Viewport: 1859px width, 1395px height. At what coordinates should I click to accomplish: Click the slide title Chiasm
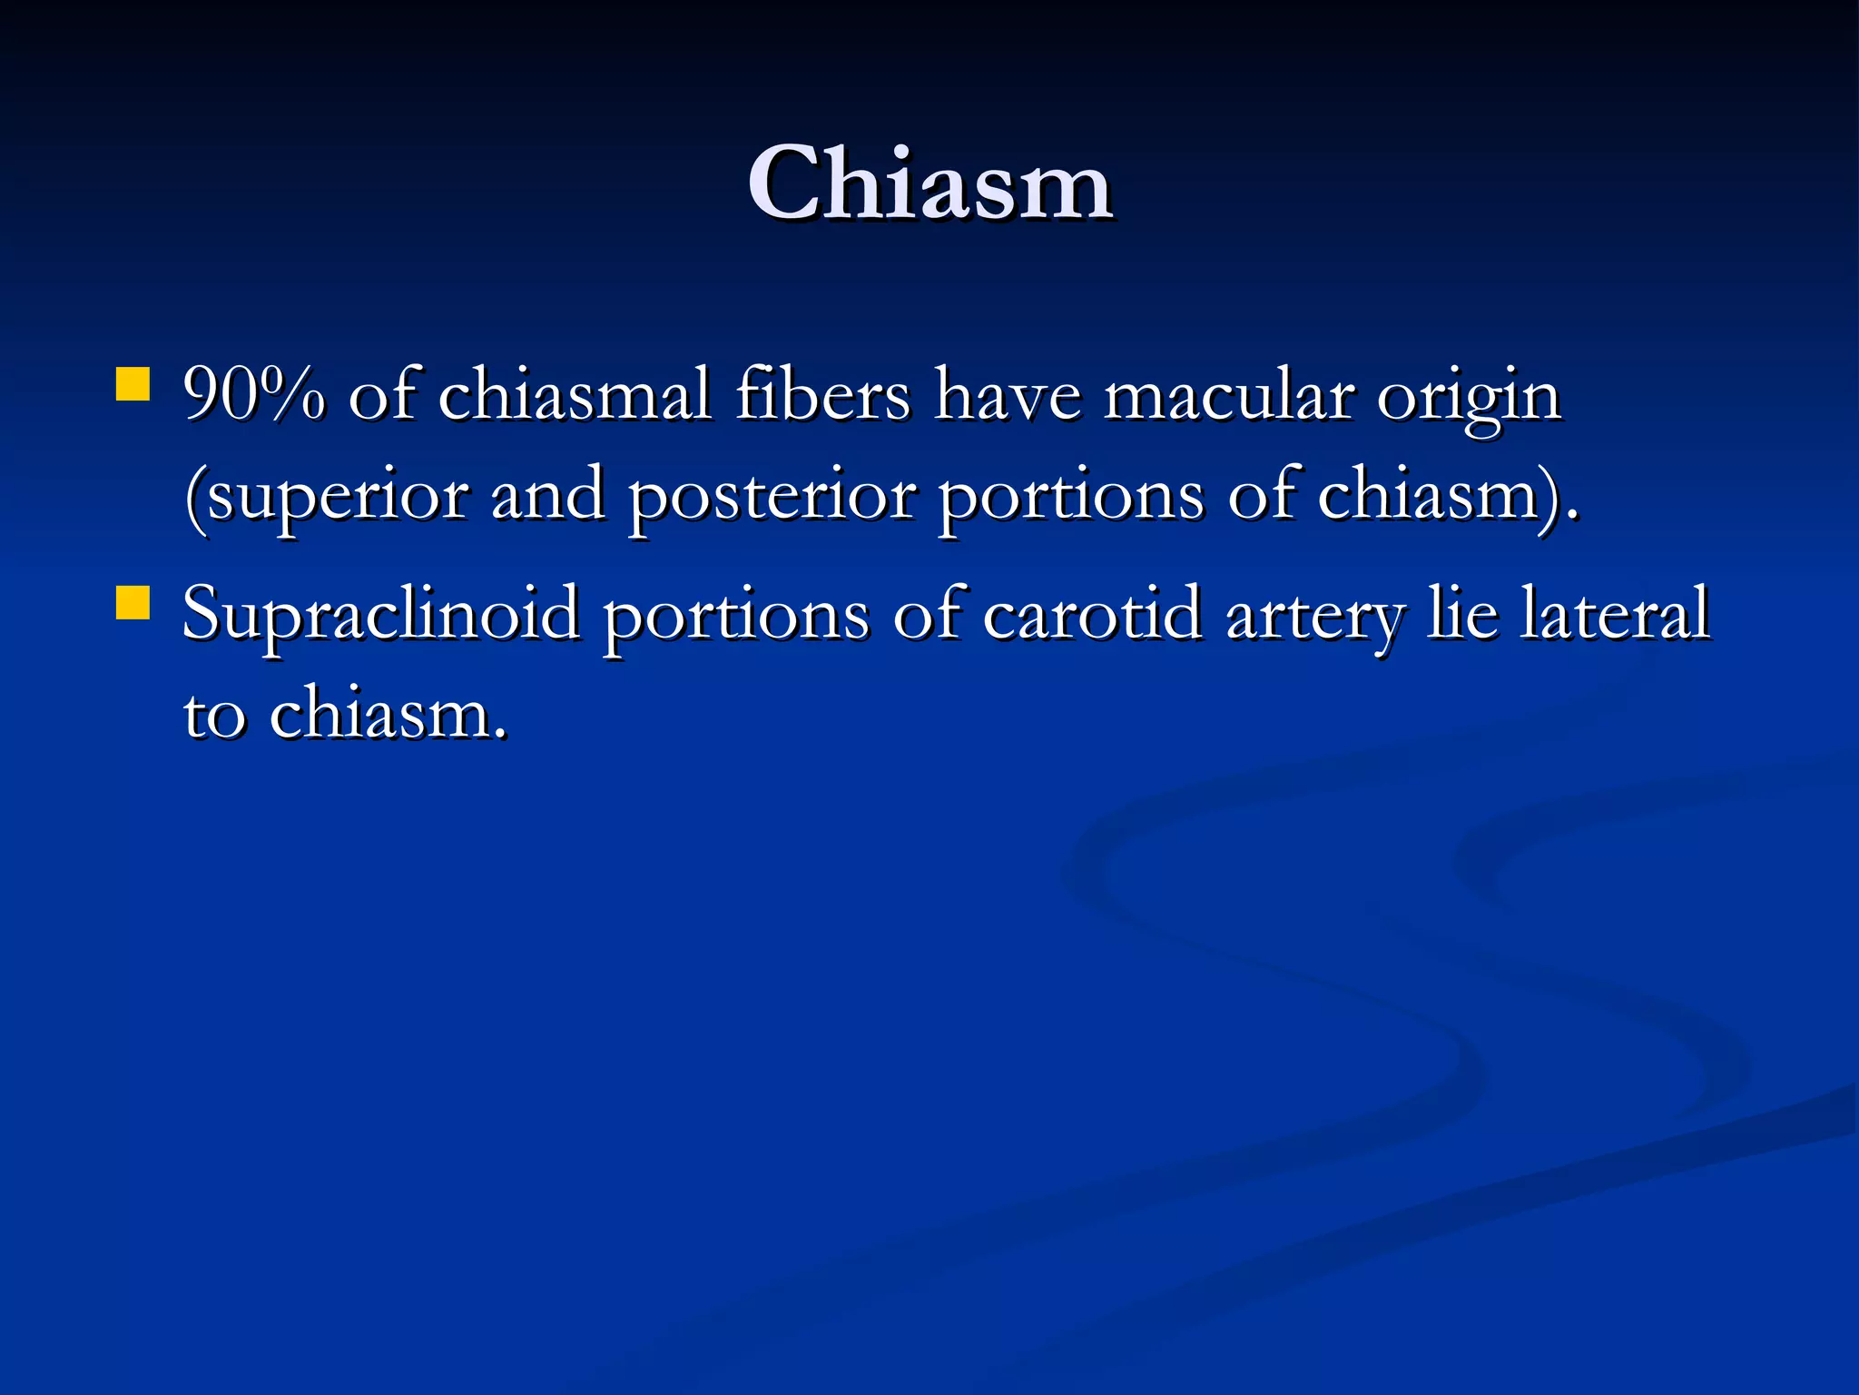pos(929,184)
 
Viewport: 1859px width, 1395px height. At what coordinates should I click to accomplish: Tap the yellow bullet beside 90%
pos(133,383)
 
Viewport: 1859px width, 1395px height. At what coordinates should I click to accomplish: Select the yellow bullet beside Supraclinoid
pos(133,602)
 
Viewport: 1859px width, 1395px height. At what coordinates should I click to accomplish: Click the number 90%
pos(253,396)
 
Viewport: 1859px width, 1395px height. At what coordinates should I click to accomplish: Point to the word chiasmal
pos(574,396)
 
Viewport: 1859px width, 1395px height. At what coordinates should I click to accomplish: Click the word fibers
pos(822,396)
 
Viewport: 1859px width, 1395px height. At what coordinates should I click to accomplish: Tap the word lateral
pos(1615,614)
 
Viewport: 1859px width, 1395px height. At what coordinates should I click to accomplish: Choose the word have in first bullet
pos(1008,397)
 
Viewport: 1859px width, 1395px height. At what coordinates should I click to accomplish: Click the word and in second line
pos(547,496)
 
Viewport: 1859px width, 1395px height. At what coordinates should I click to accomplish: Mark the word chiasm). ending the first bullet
pos(1447,496)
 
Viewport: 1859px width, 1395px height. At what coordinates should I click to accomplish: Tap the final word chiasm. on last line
pos(388,713)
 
